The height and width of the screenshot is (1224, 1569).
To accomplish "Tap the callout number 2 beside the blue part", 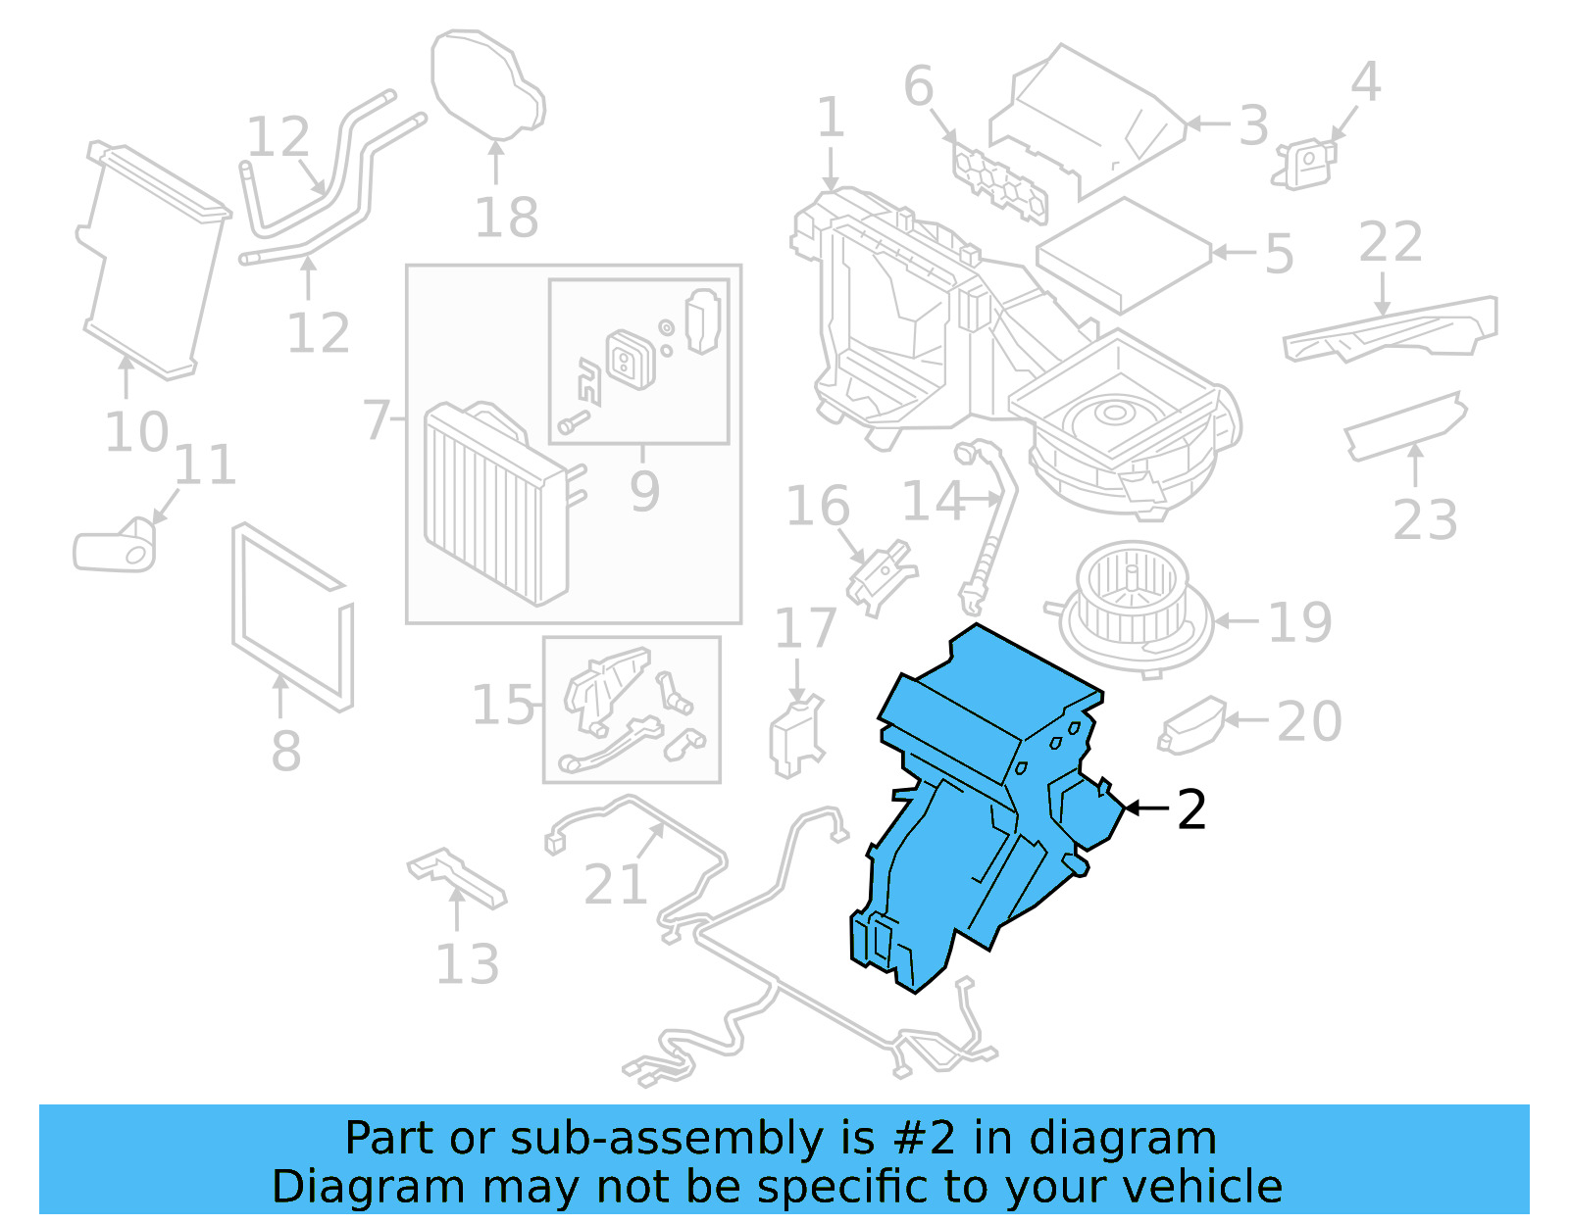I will tap(1190, 809).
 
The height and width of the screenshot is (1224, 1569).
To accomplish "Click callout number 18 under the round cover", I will tap(506, 218).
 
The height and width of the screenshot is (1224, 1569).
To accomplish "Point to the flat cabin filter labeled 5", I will tap(1123, 253).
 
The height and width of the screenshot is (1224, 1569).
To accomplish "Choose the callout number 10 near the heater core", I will tap(136, 432).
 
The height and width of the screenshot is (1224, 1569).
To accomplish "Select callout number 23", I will tap(1425, 519).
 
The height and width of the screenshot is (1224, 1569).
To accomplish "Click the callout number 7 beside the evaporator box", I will tap(377, 419).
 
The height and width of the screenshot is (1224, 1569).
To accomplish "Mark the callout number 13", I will tap(467, 964).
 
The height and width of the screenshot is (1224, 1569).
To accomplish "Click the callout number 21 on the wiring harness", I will tap(615, 885).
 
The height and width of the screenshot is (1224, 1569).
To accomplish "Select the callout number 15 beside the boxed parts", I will tap(503, 706).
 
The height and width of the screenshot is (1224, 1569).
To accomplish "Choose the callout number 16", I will tap(817, 506).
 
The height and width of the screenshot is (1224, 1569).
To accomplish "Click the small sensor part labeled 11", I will tap(116, 548).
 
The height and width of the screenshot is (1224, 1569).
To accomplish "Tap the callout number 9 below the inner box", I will tap(643, 490).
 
